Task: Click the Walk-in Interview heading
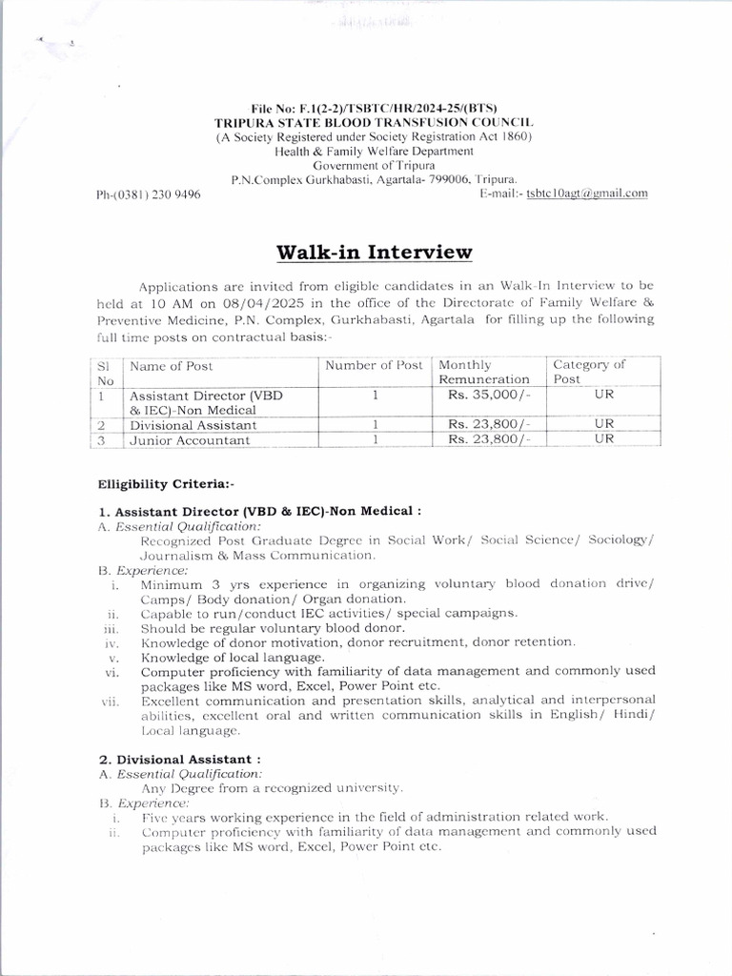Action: click(374, 253)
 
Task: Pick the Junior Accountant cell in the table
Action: click(190, 440)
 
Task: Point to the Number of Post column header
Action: click(374, 366)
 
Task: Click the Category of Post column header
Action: click(589, 372)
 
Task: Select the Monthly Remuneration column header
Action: click(483, 372)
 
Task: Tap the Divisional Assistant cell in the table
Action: click(193, 425)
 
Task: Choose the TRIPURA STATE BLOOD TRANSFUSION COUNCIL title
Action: click(374, 124)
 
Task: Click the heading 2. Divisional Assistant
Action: click(167, 760)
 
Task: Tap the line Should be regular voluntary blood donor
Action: click(273, 628)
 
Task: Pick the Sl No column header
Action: click(106, 372)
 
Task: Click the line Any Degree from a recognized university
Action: click(273, 788)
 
